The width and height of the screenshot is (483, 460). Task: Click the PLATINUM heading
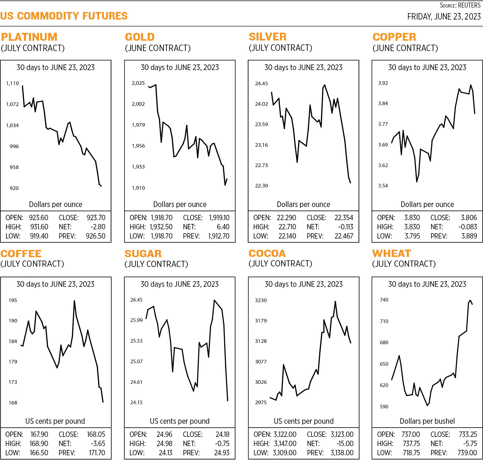click(29, 37)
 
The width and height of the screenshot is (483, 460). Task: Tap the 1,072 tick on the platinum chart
click(13, 104)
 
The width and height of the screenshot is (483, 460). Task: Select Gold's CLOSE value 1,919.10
click(219, 218)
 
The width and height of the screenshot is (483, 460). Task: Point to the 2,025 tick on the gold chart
click(138, 83)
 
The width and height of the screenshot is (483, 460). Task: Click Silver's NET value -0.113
click(346, 227)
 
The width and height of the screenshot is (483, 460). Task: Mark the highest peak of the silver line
click(325, 85)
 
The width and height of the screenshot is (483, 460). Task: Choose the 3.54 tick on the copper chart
click(383, 186)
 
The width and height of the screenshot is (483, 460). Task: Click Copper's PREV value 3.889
click(469, 236)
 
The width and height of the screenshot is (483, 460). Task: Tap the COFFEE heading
click(21, 254)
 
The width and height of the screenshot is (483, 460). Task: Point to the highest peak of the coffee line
click(74, 301)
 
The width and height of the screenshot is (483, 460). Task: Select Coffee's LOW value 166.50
click(39, 453)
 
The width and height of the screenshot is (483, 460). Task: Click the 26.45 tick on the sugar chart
click(136, 300)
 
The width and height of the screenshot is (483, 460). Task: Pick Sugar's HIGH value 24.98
click(165, 444)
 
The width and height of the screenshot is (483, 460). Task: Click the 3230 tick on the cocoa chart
click(261, 300)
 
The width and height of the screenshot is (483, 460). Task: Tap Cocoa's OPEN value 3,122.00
click(285, 434)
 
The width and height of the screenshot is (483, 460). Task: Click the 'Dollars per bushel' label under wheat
click(427, 421)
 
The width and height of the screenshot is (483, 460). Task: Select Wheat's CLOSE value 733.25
click(468, 434)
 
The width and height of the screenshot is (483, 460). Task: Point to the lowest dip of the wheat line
click(427, 405)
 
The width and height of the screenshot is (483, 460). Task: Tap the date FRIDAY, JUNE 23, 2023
click(444, 17)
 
